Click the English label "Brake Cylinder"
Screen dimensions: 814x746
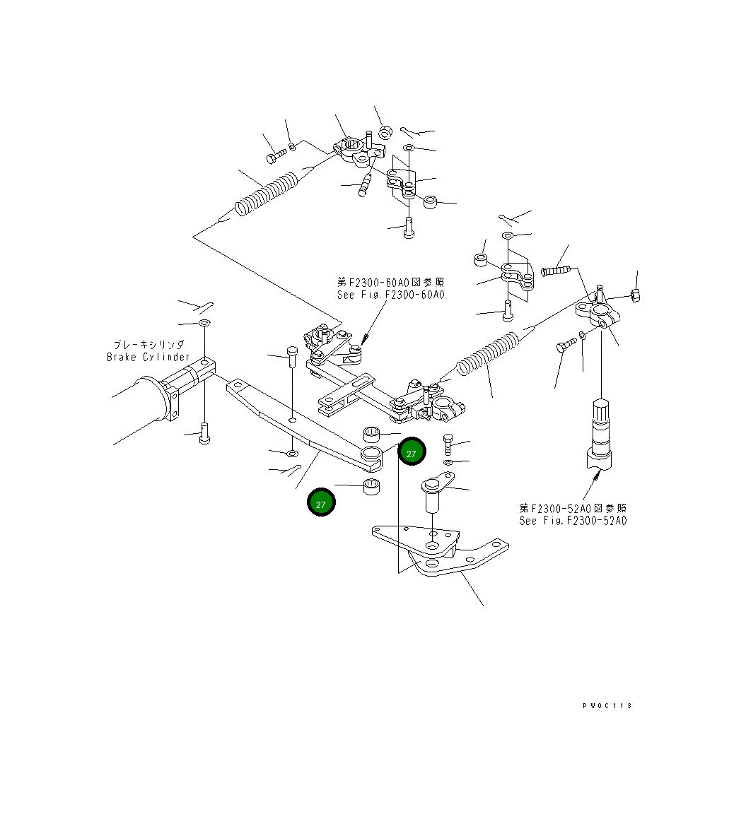(x=148, y=357)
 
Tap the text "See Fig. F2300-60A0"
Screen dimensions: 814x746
(x=391, y=295)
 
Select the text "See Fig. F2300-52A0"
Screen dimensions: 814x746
(x=572, y=521)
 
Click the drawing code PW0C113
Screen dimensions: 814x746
(x=607, y=706)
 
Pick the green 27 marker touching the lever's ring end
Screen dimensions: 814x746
(x=412, y=453)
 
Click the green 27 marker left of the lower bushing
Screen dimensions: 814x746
(x=321, y=503)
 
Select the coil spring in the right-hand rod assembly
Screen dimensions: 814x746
(x=488, y=353)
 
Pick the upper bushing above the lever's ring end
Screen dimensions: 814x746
(x=372, y=433)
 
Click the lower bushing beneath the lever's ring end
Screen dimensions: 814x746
(x=371, y=486)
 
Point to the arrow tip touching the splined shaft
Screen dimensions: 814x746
(x=598, y=476)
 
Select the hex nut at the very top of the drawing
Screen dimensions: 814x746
(x=385, y=131)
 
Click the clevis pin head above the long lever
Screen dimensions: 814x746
(x=291, y=351)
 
